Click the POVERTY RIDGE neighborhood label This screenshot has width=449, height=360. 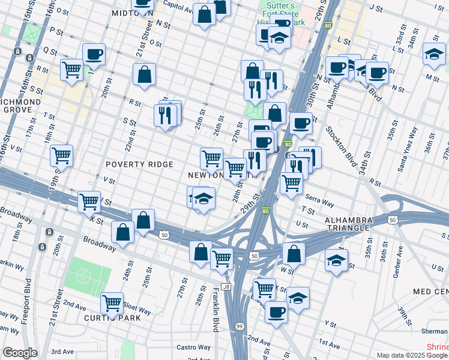click(139, 164)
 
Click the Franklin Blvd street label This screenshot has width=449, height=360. click(215, 310)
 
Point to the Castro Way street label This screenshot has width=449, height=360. click(197, 347)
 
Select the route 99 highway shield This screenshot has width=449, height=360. click(239, 326)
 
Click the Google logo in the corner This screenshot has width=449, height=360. click(20, 353)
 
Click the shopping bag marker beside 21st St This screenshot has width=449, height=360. click(145, 75)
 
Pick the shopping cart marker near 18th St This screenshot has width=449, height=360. click(61, 155)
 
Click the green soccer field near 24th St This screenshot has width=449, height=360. click(88, 274)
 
